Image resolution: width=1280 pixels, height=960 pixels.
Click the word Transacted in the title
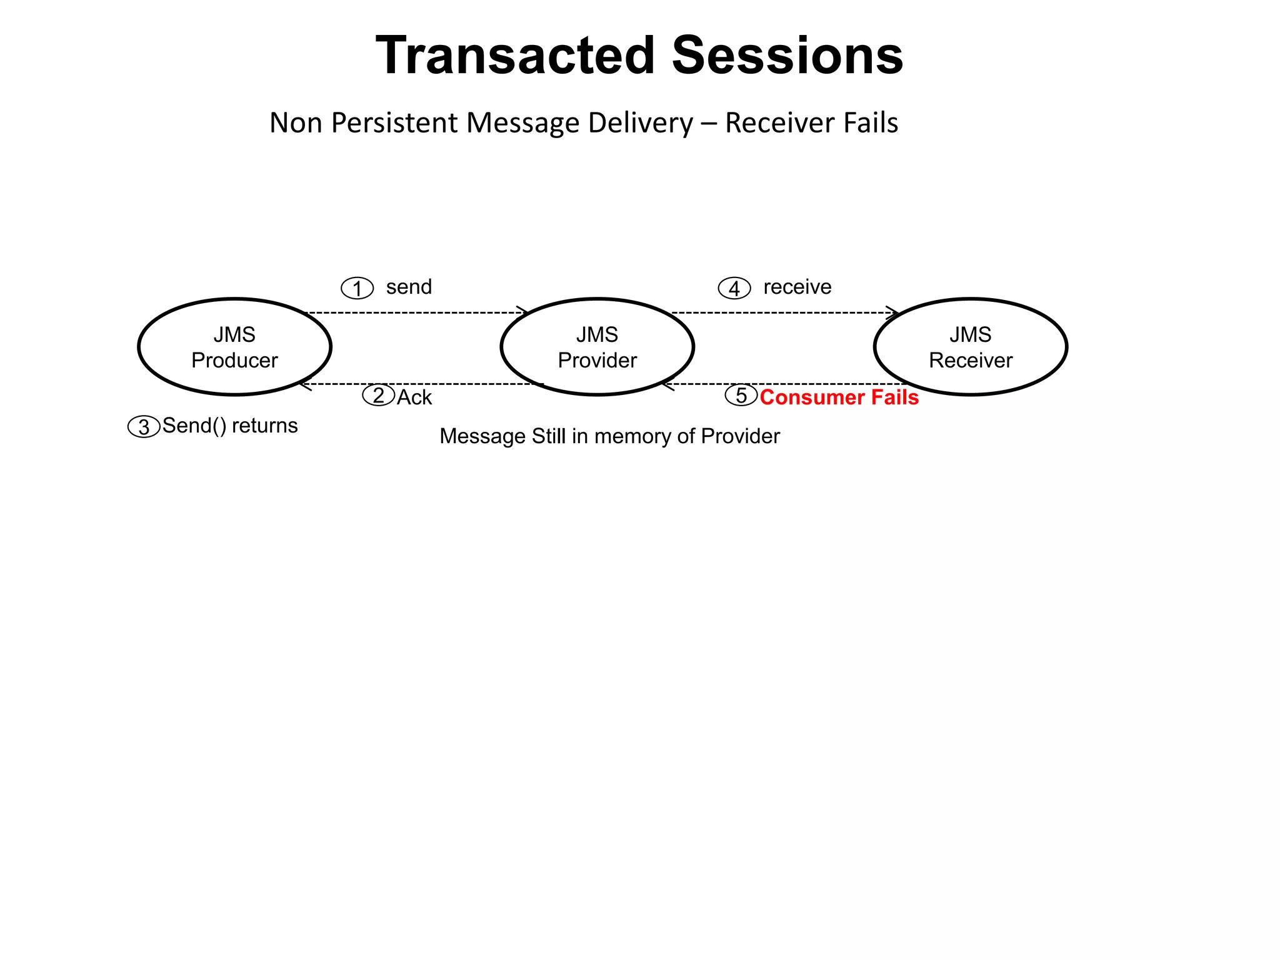point(516,56)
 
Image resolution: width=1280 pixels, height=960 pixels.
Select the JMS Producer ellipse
point(234,347)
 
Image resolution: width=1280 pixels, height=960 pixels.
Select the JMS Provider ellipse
point(597,347)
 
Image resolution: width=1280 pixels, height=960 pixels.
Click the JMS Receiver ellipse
point(970,347)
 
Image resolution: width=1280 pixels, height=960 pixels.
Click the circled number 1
point(357,288)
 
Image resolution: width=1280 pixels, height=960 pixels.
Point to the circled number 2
point(378,396)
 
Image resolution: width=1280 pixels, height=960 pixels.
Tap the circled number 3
point(144,427)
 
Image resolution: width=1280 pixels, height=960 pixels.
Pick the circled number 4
point(734,288)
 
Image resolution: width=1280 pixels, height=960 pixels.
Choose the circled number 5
point(741,396)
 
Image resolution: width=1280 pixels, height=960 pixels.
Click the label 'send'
point(409,287)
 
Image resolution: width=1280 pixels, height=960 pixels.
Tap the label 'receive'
point(797,287)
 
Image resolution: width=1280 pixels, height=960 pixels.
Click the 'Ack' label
point(414,397)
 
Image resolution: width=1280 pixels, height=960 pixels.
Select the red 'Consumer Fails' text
point(839,397)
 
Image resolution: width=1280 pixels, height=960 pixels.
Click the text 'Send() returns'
point(230,426)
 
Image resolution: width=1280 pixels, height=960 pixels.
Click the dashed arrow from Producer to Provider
point(416,312)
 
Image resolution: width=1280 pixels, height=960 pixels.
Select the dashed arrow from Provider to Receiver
point(784,312)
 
